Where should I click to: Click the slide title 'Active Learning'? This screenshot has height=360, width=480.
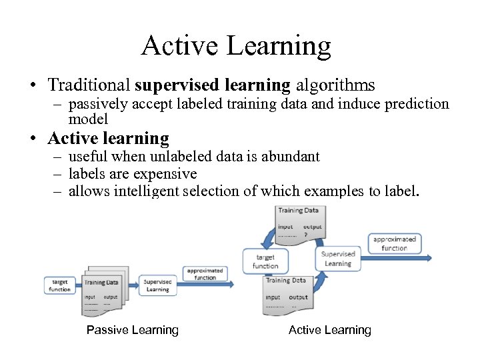[x=236, y=45]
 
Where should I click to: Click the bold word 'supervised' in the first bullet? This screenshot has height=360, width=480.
[x=175, y=85]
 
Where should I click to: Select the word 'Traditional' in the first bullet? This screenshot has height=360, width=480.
[x=89, y=85]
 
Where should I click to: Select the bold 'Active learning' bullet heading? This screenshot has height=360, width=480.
[x=108, y=139]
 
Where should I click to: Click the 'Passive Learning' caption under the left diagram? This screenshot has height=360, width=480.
[x=133, y=330]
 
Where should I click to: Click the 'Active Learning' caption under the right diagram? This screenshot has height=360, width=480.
[x=330, y=330]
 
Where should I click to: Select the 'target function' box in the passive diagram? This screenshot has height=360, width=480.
[x=59, y=285]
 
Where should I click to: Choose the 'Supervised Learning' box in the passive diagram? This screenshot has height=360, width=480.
[x=157, y=285]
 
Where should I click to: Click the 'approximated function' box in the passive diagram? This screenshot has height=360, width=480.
[x=205, y=274]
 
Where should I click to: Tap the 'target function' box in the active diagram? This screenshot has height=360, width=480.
[x=265, y=261]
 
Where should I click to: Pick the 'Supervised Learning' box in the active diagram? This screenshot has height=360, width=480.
[x=338, y=259]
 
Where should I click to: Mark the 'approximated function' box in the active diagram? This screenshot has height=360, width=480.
[x=394, y=243]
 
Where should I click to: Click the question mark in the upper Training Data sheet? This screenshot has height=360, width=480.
[x=305, y=235]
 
